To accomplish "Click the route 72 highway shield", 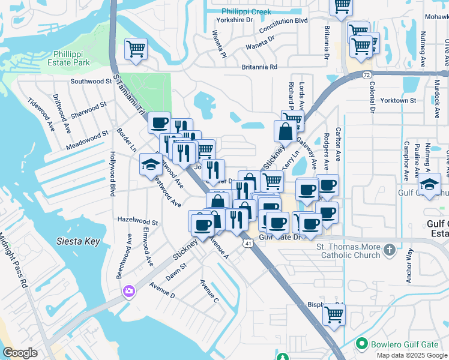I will coord(366,74).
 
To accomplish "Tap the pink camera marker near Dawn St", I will coord(128,292).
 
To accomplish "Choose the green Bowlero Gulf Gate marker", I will coord(361,344).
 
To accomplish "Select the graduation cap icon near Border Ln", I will coord(148,166).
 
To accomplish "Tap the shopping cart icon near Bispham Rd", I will coord(334,314).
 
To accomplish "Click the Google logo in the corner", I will coord(20,353).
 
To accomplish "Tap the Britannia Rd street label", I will coord(259,67).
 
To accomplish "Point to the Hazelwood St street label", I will coord(137,221).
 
